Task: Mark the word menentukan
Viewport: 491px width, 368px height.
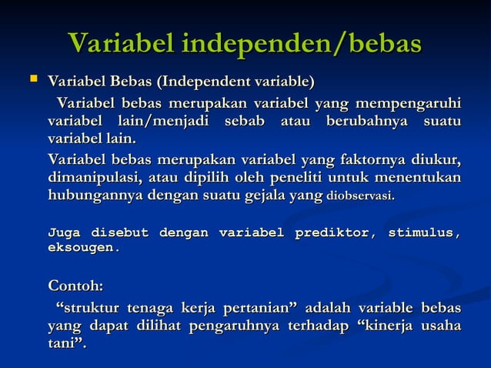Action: pos(422,178)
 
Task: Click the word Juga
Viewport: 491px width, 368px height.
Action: pos(65,233)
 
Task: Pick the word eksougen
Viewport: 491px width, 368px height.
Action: pos(83,248)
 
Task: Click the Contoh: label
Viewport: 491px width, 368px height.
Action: pos(75,287)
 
